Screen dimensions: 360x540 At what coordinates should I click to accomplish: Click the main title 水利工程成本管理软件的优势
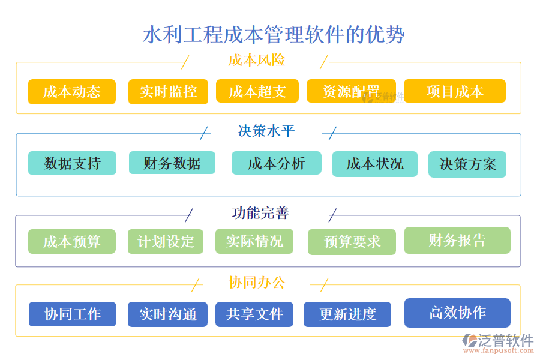[274, 34]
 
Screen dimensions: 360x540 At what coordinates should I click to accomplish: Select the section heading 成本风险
[256, 61]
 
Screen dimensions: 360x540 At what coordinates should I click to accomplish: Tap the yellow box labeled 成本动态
[71, 92]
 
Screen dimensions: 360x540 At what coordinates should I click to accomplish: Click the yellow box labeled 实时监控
[168, 92]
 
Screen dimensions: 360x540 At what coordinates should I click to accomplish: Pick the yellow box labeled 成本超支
[257, 91]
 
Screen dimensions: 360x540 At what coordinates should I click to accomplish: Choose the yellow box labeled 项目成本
[454, 91]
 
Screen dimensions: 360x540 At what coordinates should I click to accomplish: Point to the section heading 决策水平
[266, 131]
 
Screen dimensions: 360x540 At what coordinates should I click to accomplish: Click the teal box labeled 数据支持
[72, 163]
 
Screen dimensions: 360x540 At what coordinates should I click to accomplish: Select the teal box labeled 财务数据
[172, 163]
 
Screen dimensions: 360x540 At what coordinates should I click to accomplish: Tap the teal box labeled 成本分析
[276, 163]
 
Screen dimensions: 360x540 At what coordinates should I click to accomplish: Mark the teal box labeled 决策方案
[467, 164]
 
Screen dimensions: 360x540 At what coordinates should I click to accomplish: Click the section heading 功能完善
[260, 213]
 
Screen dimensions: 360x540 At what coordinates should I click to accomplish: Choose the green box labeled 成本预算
[71, 241]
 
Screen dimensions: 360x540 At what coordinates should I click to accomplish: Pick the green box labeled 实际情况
[254, 241]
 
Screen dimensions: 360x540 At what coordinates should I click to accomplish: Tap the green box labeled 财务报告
[457, 240]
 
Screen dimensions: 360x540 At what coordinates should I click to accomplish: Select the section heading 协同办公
[257, 283]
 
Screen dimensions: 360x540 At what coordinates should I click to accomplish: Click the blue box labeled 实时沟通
[167, 314]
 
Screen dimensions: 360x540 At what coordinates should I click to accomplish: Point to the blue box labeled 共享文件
[254, 314]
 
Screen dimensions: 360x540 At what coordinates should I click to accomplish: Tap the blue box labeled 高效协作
[457, 313]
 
